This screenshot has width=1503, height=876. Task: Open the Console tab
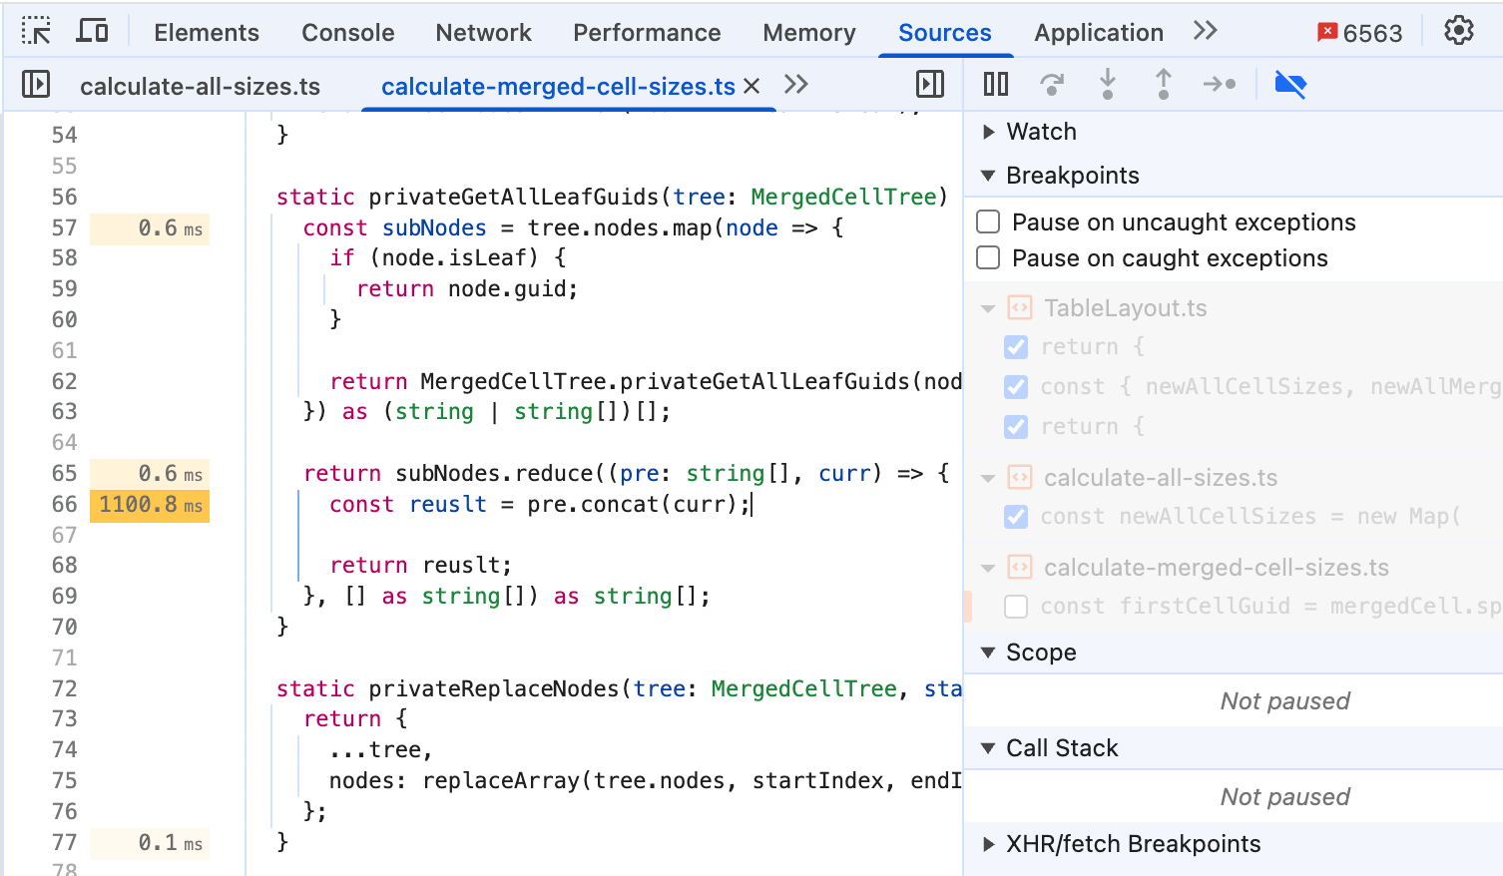(x=347, y=32)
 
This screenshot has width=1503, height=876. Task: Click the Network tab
(x=483, y=32)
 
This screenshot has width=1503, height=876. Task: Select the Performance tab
(x=647, y=32)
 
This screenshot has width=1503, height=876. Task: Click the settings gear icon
(x=1458, y=31)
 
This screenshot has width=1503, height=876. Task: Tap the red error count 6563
(x=1359, y=33)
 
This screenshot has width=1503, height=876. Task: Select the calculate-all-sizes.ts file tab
(x=200, y=87)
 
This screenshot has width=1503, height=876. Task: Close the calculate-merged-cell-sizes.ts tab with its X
(x=751, y=86)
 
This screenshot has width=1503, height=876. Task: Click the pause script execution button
(x=996, y=85)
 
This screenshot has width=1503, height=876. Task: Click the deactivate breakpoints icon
(x=1289, y=85)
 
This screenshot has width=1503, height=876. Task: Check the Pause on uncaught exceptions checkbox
(x=988, y=222)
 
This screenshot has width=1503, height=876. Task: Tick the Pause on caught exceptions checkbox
(x=988, y=257)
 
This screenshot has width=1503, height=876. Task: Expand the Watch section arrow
(x=988, y=132)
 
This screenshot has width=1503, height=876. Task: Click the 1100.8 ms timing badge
(x=150, y=505)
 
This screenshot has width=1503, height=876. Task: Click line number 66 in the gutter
(x=64, y=505)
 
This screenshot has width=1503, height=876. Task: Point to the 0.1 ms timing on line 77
(x=170, y=842)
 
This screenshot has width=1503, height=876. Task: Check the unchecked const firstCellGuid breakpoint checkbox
(x=1016, y=607)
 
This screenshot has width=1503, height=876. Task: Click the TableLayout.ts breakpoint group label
(x=1125, y=308)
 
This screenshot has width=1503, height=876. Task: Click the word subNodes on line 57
(x=434, y=228)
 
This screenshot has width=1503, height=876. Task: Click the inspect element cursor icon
(x=36, y=31)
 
